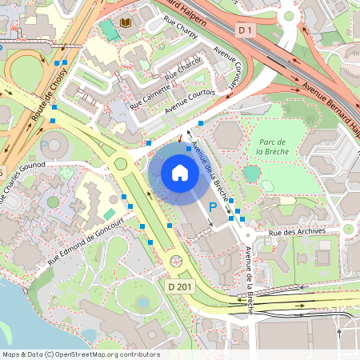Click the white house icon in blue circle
tap(180, 173)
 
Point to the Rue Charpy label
tap(181, 30)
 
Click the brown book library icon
tap(126, 23)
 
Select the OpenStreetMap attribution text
tap(81, 354)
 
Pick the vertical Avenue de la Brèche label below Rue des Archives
tap(249, 271)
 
